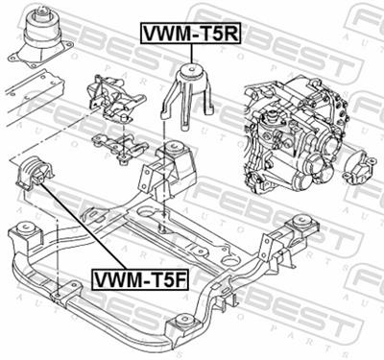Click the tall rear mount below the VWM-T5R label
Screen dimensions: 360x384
[x=191, y=96]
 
